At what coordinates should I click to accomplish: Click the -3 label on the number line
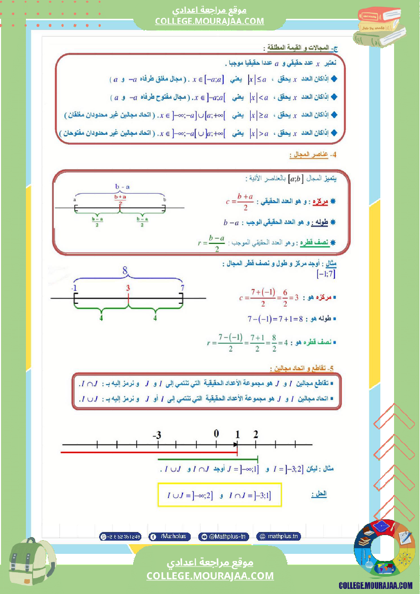(157, 435)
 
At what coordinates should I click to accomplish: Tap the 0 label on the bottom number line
(216, 433)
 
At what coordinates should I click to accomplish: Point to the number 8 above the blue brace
(125, 271)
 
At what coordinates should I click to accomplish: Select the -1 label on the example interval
(74, 289)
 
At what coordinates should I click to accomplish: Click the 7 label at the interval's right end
(182, 289)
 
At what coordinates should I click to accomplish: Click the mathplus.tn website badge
(278, 536)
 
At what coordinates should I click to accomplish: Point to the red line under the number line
(149, 451)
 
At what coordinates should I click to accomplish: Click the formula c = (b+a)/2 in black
(240, 201)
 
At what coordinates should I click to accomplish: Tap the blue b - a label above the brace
(121, 187)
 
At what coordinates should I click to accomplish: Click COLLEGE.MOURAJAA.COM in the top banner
(209, 21)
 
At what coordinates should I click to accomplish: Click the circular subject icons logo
(380, 550)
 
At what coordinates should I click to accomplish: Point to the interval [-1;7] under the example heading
(326, 274)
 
